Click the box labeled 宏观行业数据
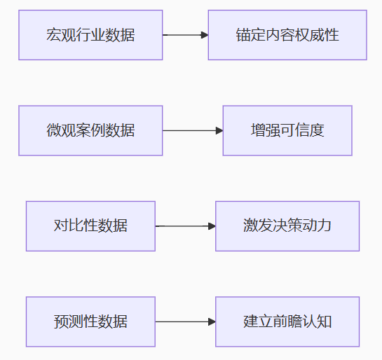click(90, 35)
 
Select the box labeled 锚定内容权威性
click(287, 35)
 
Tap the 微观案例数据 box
click(90, 130)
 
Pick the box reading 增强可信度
click(287, 130)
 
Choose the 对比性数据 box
click(90, 226)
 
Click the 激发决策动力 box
click(287, 226)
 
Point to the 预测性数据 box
click(90, 321)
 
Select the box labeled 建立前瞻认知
click(287, 321)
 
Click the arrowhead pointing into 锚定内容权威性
click(205, 35)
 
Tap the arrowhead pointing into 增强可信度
click(219, 130)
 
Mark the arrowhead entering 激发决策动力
click(212, 226)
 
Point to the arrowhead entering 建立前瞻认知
click(212, 321)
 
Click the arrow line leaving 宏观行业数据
click(186, 35)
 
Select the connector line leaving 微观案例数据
click(193, 130)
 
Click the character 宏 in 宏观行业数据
click(53, 35)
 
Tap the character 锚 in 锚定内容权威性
click(243, 35)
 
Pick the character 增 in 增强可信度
click(258, 130)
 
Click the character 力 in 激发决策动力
click(324, 225)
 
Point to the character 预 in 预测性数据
click(61, 321)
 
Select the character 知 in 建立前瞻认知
click(324, 321)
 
